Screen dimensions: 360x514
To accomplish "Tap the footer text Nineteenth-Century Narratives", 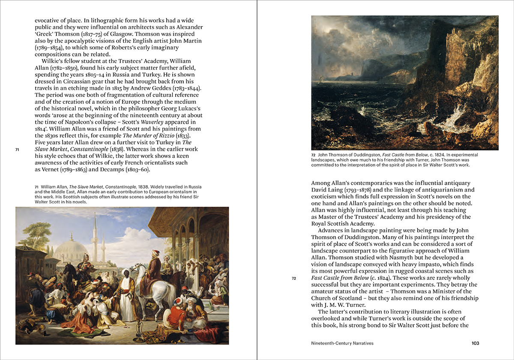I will [x=342, y=343].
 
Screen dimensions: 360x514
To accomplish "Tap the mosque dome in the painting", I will [x=70, y=251].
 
